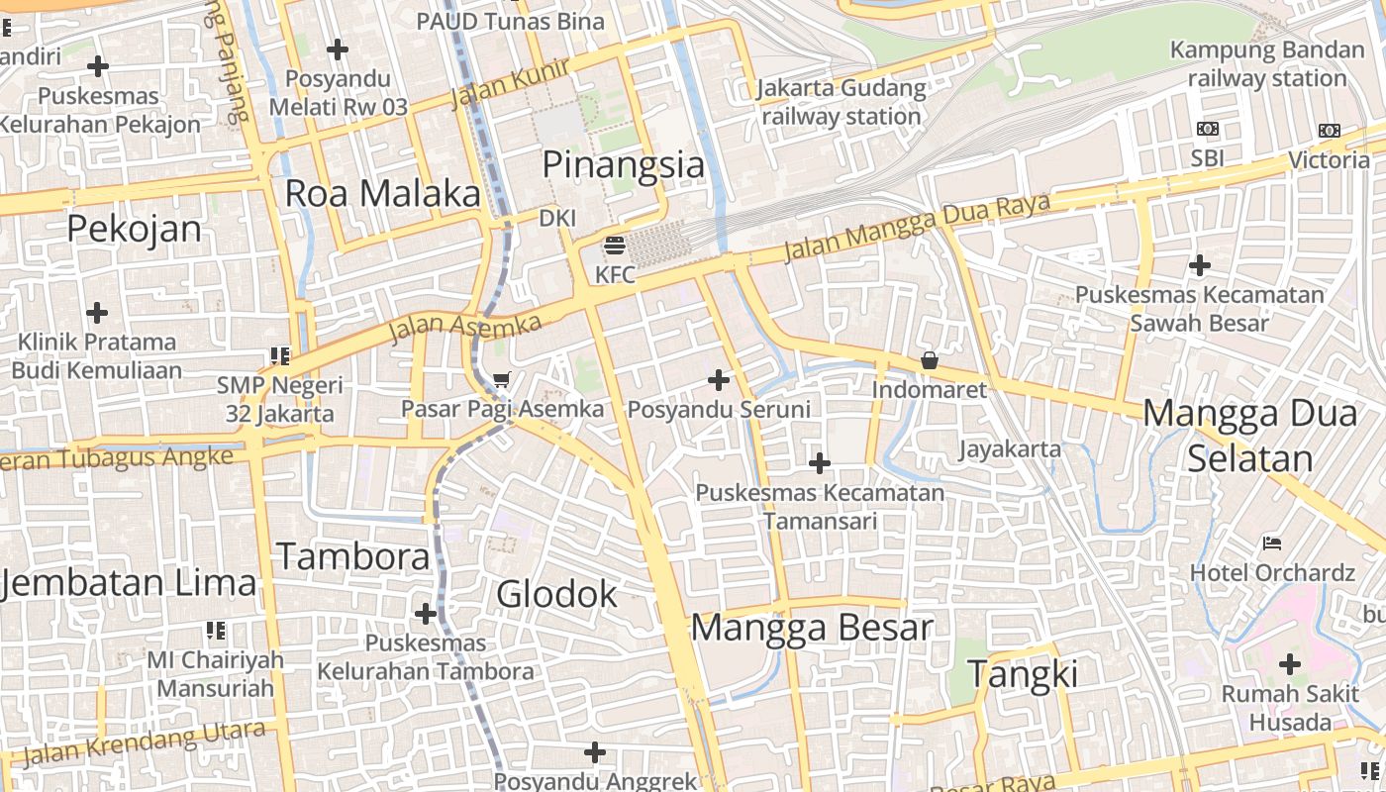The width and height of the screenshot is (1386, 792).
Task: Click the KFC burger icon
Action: (615, 245)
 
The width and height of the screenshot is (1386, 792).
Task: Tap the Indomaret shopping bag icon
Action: (929, 360)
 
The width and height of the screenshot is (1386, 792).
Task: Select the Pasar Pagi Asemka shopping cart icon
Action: (502, 379)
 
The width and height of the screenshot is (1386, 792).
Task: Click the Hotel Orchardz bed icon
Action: (1272, 543)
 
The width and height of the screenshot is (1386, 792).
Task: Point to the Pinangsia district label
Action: (624, 164)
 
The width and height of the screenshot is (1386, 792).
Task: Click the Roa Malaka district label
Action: (382, 194)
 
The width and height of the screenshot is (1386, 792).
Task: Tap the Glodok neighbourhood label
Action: (556, 594)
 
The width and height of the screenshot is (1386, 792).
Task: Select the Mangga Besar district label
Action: (812, 628)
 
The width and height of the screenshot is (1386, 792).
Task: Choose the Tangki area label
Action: (1023, 674)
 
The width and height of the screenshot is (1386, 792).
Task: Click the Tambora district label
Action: (353, 556)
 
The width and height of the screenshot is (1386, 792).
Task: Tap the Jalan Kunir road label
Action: (511, 83)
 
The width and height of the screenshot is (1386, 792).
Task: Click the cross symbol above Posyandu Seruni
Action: (719, 379)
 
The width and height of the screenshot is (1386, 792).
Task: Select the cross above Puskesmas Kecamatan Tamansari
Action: (820, 462)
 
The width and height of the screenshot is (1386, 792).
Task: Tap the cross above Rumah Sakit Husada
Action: (1290, 664)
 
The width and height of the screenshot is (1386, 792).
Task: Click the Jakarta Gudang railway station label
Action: (841, 102)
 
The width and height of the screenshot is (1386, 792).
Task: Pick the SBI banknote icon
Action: (1208, 129)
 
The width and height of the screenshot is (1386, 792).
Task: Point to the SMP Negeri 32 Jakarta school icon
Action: (280, 355)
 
